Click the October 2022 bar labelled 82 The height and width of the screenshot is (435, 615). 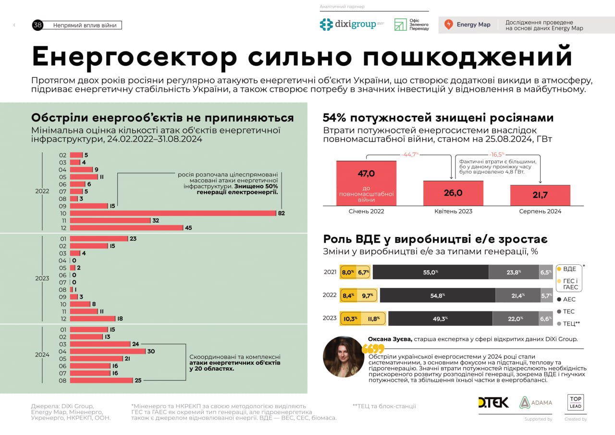coord(173,213)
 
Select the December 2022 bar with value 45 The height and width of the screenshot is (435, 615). coord(126,227)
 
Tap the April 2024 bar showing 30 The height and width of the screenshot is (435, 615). coord(108,351)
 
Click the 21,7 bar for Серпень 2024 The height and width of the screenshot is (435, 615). coord(540,195)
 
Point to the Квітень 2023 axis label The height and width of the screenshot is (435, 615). coord(453,211)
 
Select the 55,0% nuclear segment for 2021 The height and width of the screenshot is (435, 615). coord(430,272)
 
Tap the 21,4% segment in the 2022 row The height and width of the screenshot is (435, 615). coord(517,296)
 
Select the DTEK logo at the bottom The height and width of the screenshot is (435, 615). coord(493,402)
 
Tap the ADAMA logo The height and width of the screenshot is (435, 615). coord(536,402)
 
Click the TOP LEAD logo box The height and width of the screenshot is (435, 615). coord(576,402)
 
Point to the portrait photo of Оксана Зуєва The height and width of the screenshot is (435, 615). coord(343,356)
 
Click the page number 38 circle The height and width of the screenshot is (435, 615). coord(37,25)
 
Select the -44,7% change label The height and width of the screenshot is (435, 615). coord(410,154)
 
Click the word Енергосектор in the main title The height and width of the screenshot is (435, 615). coord(135,57)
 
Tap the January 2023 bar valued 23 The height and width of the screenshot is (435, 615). coord(99,238)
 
